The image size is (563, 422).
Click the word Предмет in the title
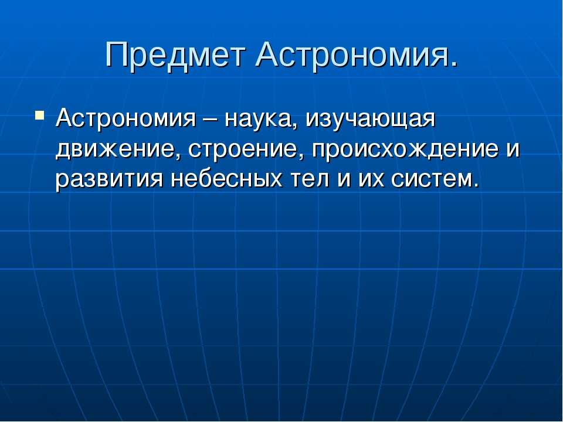click(175, 55)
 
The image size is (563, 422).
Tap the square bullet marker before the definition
click(40, 115)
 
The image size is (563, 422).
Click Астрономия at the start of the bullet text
click(126, 118)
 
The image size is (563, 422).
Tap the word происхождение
click(405, 150)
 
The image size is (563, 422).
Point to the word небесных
click(226, 178)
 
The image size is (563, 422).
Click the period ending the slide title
click(454, 64)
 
